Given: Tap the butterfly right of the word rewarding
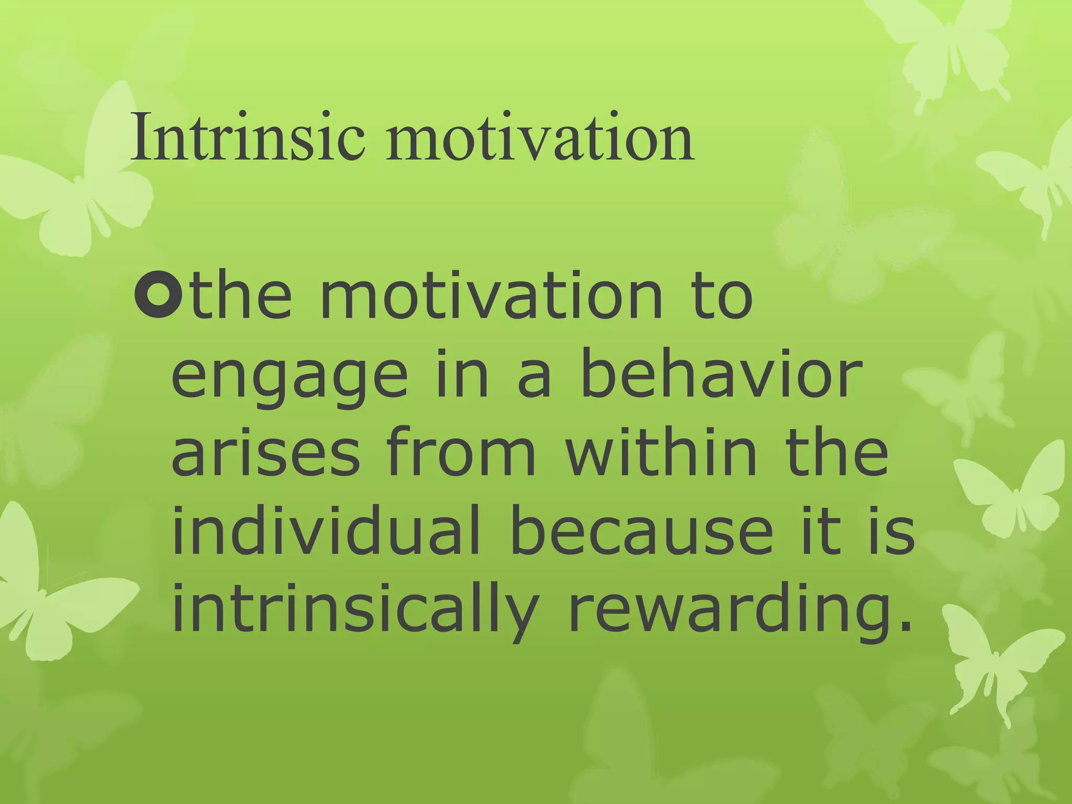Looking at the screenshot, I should [989, 665].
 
